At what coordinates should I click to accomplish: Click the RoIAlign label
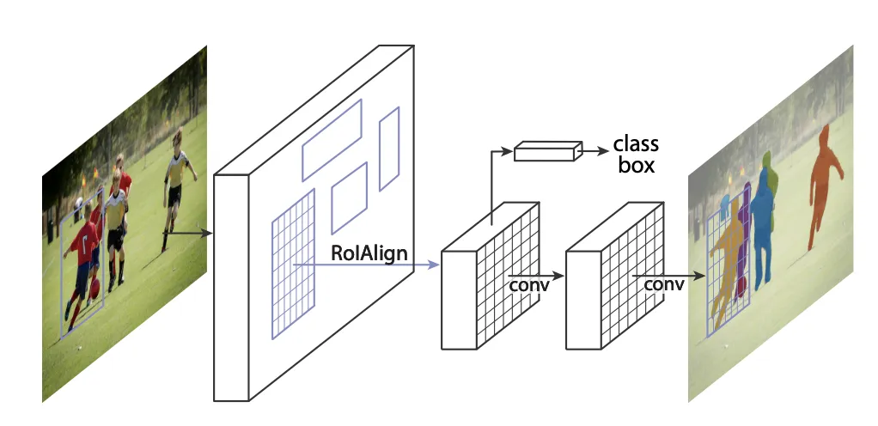(x=369, y=254)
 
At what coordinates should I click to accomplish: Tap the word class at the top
(x=636, y=143)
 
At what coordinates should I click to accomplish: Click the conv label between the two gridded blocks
(x=528, y=283)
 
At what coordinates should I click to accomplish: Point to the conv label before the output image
(x=663, y=283)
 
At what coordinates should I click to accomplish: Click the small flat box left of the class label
(x=544, y=153)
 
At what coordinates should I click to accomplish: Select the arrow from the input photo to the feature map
(x=190, y=232)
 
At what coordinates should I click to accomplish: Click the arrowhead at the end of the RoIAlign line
(x=434, y=265)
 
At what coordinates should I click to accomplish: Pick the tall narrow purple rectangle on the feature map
(x=389, y=148)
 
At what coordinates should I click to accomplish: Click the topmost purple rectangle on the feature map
(x=332, y=139)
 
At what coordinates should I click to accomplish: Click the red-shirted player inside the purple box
(x=84, y=258)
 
